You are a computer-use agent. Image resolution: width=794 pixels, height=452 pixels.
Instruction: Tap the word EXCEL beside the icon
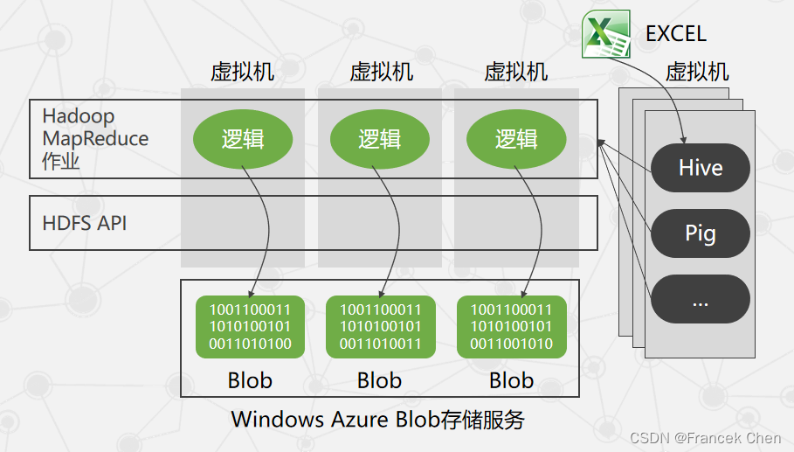675,34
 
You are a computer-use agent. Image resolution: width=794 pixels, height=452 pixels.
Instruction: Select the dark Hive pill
701,167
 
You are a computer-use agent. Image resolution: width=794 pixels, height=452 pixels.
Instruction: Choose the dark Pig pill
701,233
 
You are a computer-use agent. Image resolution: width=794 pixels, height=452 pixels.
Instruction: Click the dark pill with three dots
701,300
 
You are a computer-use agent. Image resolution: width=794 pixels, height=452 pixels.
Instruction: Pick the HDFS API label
85,223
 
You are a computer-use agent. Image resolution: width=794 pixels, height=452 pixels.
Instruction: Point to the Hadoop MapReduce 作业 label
95,138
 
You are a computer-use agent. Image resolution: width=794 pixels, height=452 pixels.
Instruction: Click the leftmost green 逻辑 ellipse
243,139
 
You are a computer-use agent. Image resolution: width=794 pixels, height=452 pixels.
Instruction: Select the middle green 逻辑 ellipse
379,139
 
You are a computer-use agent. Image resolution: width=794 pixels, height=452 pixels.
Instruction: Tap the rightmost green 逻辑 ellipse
516,139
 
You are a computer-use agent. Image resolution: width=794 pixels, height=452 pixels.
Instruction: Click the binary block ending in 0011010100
250,327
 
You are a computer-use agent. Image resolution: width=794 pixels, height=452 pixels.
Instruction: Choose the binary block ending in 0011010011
380,327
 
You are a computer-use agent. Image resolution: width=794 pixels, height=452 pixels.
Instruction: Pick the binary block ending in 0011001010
511,327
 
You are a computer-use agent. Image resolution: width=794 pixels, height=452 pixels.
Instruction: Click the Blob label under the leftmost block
250,380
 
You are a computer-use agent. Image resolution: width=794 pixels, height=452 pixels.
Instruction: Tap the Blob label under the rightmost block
511,380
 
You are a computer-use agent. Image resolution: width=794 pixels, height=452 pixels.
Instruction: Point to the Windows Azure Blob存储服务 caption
377,419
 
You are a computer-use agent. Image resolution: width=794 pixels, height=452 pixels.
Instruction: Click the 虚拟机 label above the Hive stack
697,71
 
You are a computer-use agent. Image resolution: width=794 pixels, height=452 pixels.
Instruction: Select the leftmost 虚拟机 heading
243,71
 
